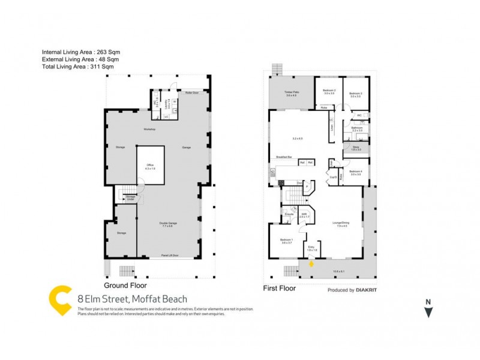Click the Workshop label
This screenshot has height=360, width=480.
(149, 130)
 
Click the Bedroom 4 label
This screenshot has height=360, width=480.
(355, 173)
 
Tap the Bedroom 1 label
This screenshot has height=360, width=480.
(286, 241)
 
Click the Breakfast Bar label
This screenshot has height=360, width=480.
(284, 157)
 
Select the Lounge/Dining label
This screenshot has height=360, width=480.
(342, 225)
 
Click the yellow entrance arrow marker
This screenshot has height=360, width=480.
(311, 262)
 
